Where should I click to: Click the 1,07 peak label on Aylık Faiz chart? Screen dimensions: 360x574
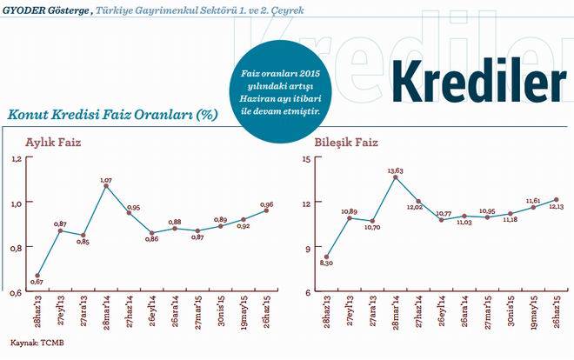coord(106,179)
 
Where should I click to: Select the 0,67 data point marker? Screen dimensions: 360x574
coord(37,275)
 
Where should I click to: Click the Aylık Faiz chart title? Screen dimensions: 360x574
coord(53,141)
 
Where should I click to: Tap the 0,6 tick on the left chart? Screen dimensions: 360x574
coord(15,293)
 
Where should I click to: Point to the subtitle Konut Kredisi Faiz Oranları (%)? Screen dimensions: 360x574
coord(111,114)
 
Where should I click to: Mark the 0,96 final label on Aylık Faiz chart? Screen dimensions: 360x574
coord(267,204)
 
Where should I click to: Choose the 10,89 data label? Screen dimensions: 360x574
coord(350,211)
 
